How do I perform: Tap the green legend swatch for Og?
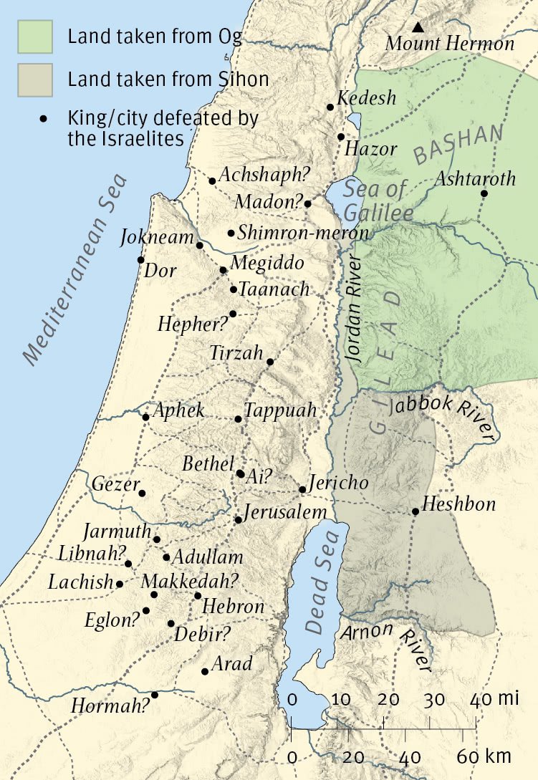pos(35,37)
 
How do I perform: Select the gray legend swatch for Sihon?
pos(35,78)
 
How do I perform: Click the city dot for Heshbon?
pos(415,511)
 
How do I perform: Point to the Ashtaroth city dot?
pos(484,193)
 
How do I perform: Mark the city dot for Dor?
pos(140,260)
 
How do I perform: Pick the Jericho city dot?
pos(302,490)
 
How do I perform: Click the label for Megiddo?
pos(268,263)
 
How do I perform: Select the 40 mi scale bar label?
pos(492,698)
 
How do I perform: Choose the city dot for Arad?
pos(205,671)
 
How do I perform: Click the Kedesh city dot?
pos(330,107)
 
